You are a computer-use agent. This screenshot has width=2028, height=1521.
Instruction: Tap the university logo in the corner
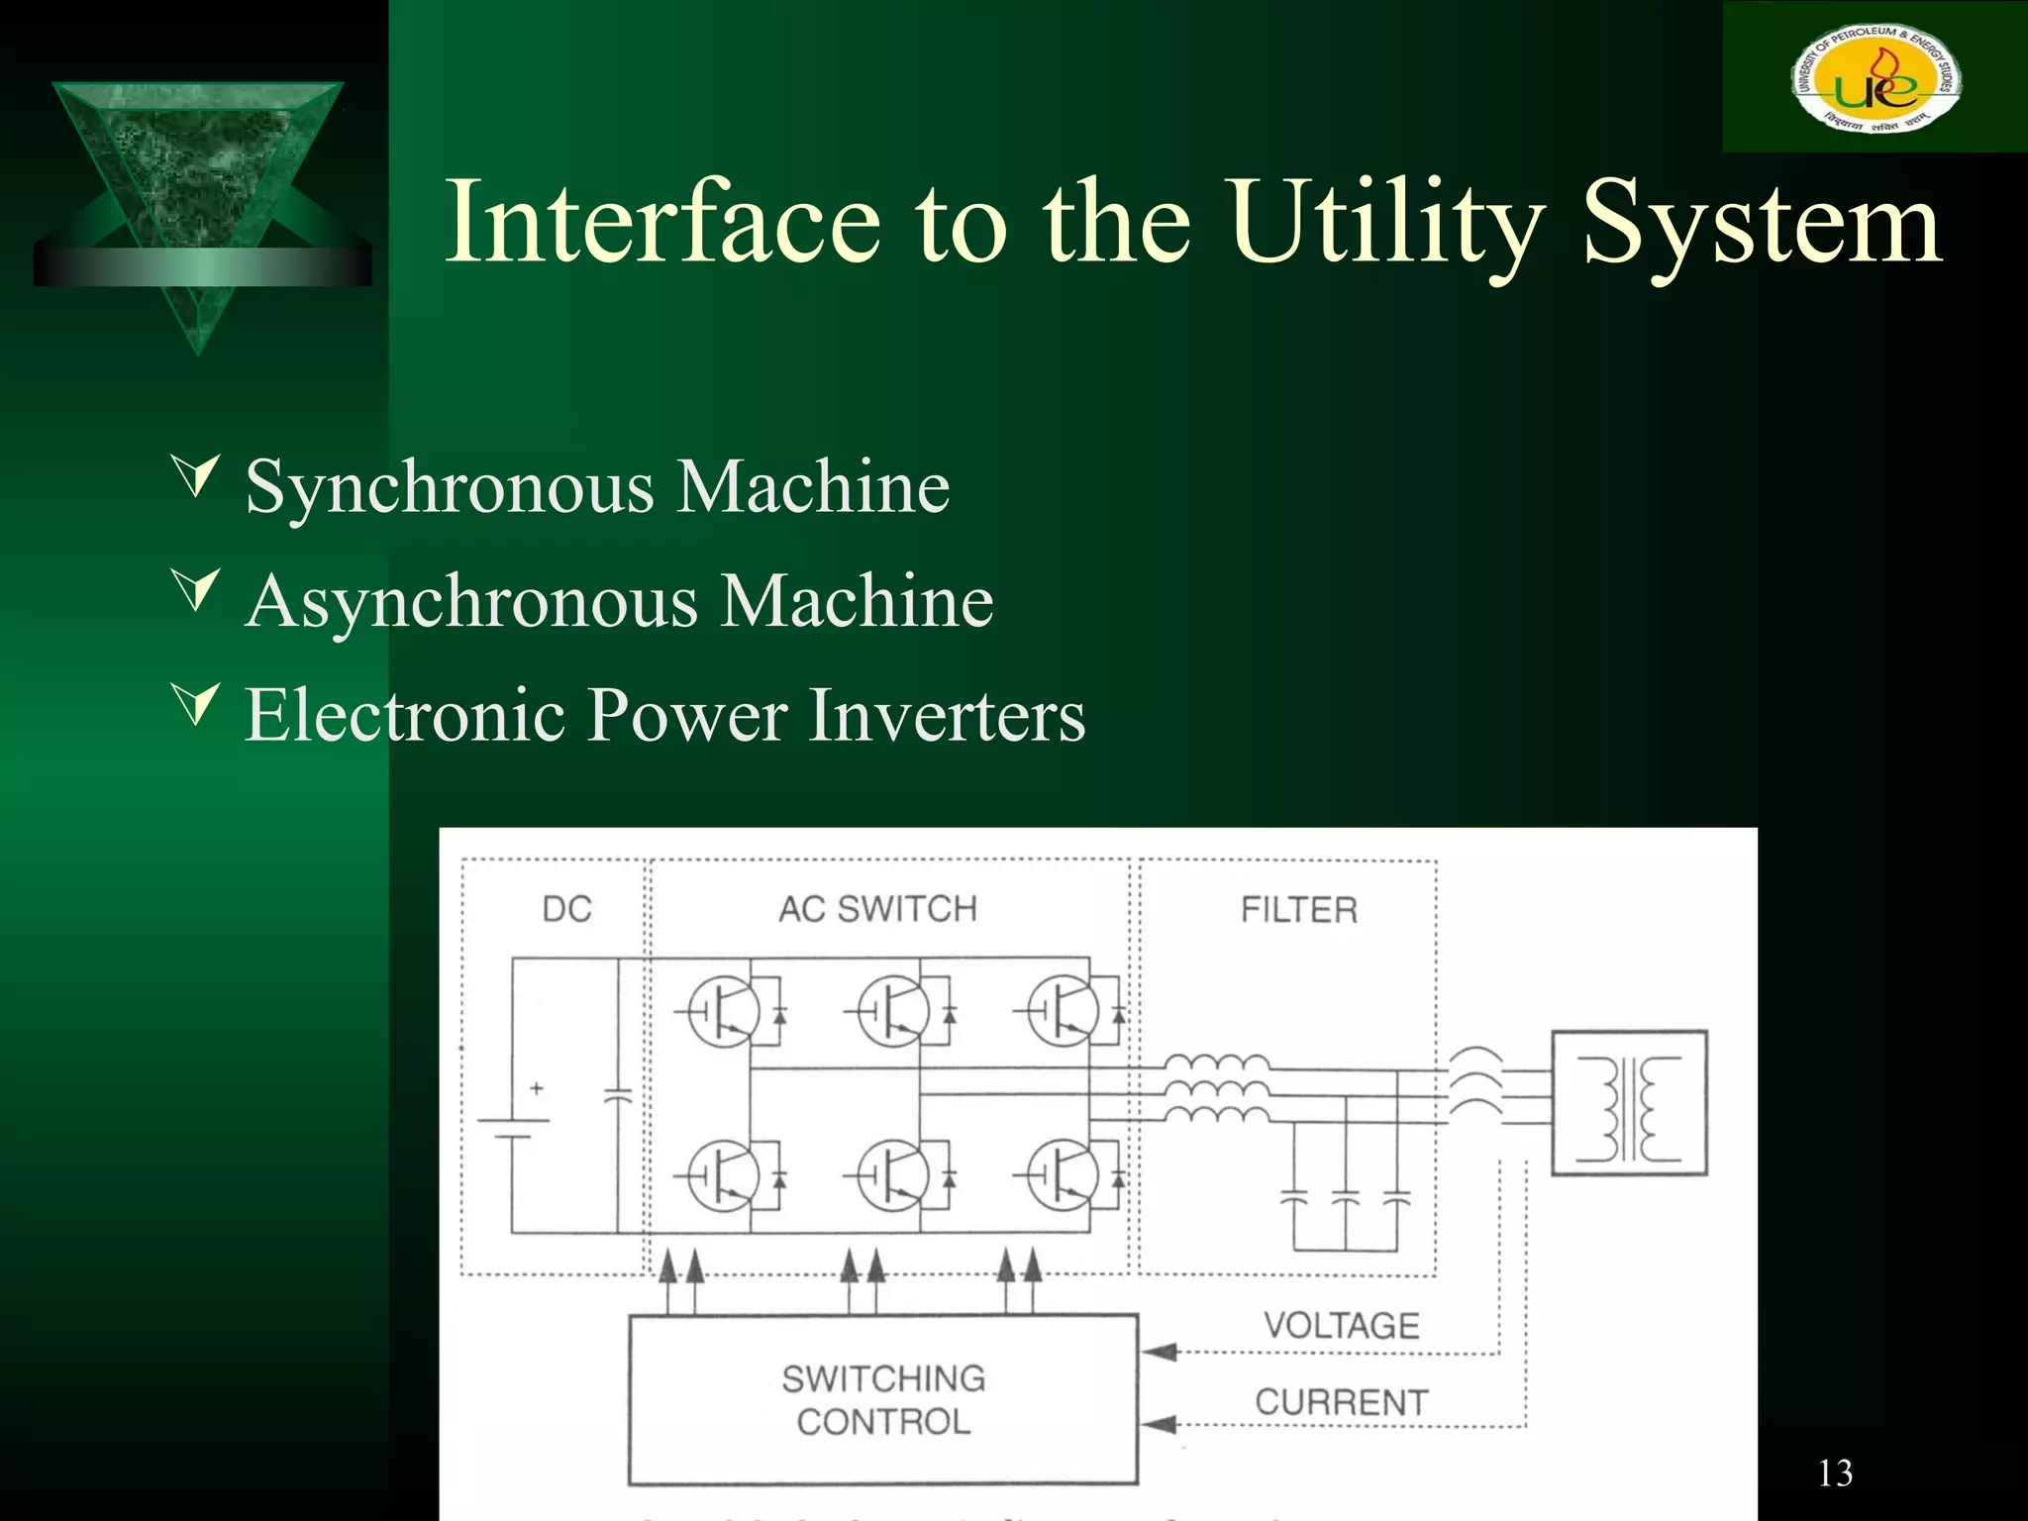pyautogui.click(x=1875, y=77)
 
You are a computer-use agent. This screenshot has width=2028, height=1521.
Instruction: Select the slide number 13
pyautogui.click(x=1835, y=1473)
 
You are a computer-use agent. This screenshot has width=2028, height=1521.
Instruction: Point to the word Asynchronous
pyautogui.click(x=472, y=601)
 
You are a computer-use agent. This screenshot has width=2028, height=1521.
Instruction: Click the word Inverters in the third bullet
pyautogui.click(x=948, y=715)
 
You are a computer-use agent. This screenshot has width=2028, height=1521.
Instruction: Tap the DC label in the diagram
pyautogui.click(x=566, y=909)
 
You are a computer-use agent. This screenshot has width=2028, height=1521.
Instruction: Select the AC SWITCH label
pyautogui.click(x=877, y=909)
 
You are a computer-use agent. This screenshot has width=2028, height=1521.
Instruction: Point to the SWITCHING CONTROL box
pyautogui.click(x=883, y=1400)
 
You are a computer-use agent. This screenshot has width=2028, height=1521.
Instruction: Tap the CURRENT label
pyautogui.click(x=1342, y=1402)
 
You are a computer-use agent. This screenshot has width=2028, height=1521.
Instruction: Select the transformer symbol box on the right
pyautogui.click(x=1629, y=1103)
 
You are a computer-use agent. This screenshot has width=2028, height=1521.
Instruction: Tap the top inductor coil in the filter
pyautogui.click(x=1217, y=1065)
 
